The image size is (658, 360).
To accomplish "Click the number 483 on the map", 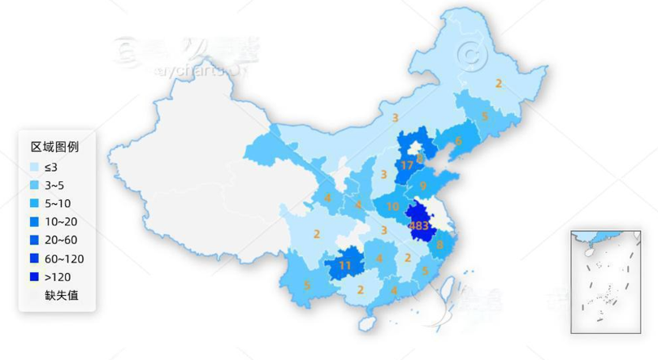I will point(419,225).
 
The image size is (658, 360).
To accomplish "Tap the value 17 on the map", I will point(408,165).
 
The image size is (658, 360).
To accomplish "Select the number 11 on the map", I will point(345,265).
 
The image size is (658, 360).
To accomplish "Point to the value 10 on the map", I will point(392,206).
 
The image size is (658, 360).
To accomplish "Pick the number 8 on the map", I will point(439,244).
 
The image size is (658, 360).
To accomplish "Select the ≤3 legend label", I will point(51,167).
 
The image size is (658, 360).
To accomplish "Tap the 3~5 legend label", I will point(55,185).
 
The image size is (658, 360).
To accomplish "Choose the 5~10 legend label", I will point(58,203).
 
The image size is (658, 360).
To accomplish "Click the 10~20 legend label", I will point(61,222).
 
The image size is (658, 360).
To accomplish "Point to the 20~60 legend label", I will point(61,241).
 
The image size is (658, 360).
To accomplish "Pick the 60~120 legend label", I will point(64,258).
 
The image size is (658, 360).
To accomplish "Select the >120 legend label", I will point(58,277).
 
